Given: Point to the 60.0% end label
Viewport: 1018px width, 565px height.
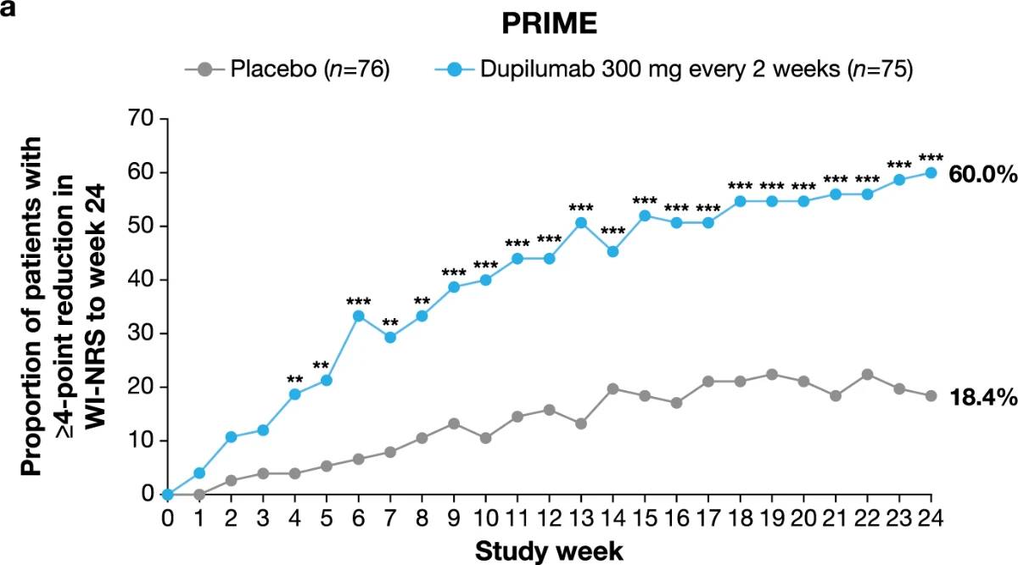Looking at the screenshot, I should (x=982, y=175).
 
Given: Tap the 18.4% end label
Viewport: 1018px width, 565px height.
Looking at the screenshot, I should (x=982, y=397).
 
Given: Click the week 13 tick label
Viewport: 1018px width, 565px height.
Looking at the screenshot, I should (x=581, y=516).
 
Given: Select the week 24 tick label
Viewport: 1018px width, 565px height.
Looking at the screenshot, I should (x=931, y=516).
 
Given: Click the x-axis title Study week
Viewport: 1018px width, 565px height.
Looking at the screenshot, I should (x=549, y=550).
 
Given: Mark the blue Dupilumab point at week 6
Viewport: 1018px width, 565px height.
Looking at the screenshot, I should (x=359, y=316).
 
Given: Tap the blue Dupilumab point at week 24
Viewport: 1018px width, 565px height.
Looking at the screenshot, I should (x=931, y=172).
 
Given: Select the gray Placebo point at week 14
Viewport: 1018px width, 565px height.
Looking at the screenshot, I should (x=612, y=389).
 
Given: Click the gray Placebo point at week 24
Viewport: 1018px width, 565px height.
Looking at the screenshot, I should (x=931, y=395).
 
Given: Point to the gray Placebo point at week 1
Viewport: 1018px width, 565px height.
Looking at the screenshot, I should (x=200, y=494).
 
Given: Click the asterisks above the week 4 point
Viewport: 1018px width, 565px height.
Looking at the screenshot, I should (x=295, y=378).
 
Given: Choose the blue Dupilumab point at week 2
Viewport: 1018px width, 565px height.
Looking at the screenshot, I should (x=232, y=437).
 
